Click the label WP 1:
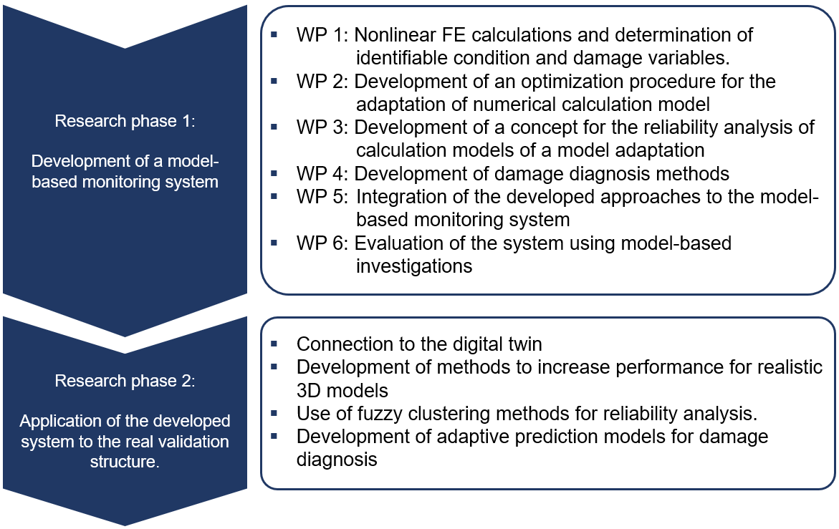pyautogui.click(x=322, y=35)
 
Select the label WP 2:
pyautogui.click(x=322, y=82)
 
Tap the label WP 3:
pyautogui.click(x=322, y=127)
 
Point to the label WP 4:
pyautogui.click(x=322, y=174)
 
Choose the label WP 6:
pyautogui.click(x=322, y=243)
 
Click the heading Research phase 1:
pyautogui.click(x=125, y=121)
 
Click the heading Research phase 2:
pyautogui.click(x=125, y=381)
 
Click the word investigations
pyautogui.click(x=414, y=266)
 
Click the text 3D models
pyautogui.click(x=342, y=391)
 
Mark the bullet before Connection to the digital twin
pyautogui.click(x=274, y=343)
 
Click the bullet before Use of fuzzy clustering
pyautogui.click(x=274, y=412)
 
